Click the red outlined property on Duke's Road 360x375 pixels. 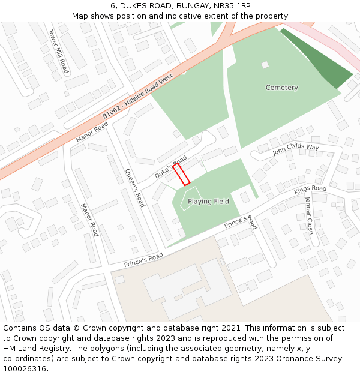pos(182,175)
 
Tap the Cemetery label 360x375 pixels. pos(281,88)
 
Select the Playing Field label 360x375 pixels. pos(208,202)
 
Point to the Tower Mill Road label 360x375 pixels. pos(59,52)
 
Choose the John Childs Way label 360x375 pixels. pos(296,149)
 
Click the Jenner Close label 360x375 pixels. pos(309,215)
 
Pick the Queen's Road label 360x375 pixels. pos(134,187)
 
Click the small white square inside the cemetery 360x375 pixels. pos(265,65)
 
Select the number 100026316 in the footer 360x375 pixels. pos(25,368)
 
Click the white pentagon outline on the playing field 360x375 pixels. pos(187,199)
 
